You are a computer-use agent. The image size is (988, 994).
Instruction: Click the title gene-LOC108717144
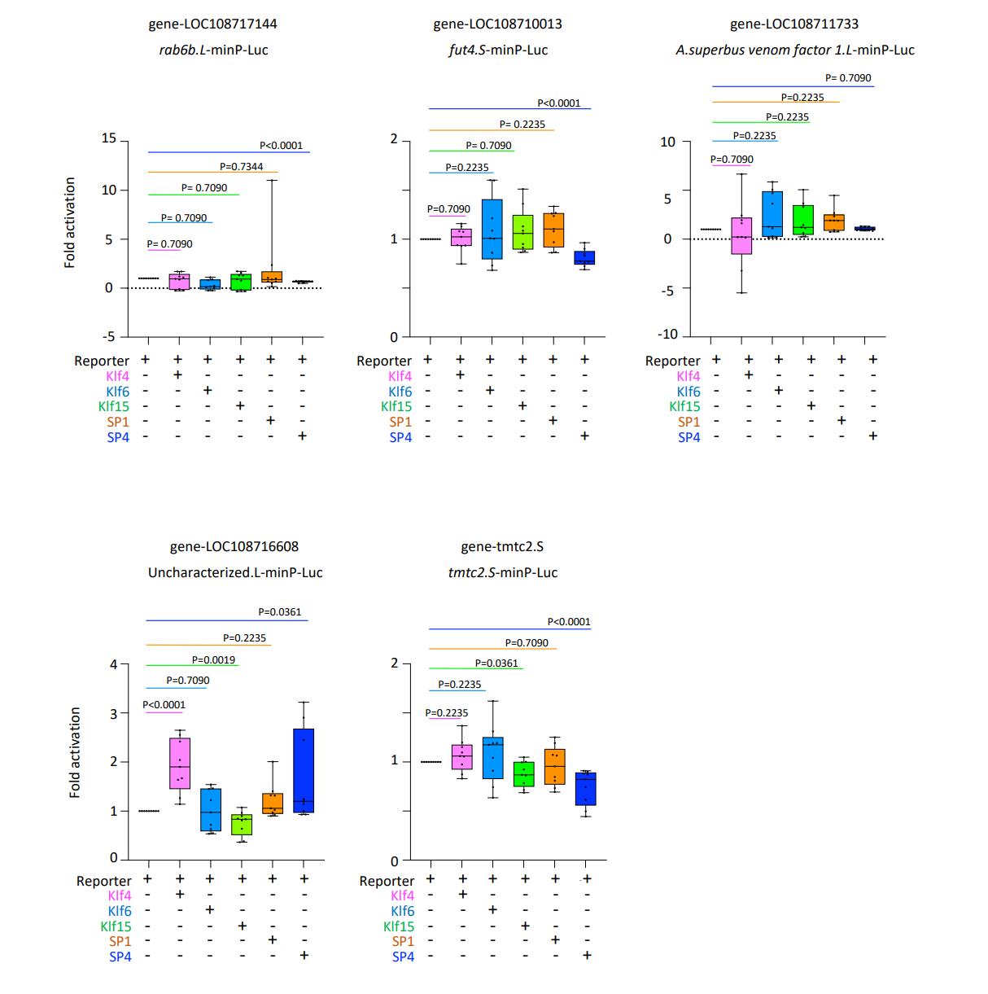pyautogui.click(x=212, y=24)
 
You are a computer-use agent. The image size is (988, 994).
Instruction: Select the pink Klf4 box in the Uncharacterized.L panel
pyautogui.click(x=180, y=763)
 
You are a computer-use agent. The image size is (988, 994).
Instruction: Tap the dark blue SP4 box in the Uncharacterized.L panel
pyautogui.click(x=304, y=770)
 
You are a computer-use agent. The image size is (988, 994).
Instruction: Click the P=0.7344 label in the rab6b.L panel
pyautogui.click(x=241, y=167)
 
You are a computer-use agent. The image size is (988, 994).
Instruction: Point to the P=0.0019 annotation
pyautogui.click(x=213, y=659)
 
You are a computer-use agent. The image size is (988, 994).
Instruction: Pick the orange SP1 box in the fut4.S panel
pyautogui.click(x=553, y=230)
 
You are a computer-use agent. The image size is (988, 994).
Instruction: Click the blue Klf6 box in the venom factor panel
pyautogui.click(x=772, y=214)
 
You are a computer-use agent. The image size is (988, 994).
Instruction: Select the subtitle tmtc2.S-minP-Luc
pyautogui.click(x=502, y=572)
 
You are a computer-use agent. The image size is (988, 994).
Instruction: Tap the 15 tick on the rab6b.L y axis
pyautogui.click(x=108, y=138)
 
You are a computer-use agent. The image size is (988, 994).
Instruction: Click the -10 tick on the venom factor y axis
pyautogui.click(x=667, y=335)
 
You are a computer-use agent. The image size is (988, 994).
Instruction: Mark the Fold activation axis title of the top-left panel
pyautogui.click(x=70, y=223)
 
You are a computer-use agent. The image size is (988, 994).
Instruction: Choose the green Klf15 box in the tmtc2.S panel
pyautogui.click(x=523, y=774)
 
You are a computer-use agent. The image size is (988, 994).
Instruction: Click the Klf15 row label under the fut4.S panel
pyautogui.click(x=396, y=406)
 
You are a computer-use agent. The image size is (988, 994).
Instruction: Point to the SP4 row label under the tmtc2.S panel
pyautogui.click(x=403, y=957)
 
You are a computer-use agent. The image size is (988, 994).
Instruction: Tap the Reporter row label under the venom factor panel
pyautogui.click(x=672, y=361)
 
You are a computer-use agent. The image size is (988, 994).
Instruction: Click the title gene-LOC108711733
pyautogui.click(x=793, y=24)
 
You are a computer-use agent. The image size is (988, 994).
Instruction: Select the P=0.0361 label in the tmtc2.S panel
pyautogui.click(x=496, y=663)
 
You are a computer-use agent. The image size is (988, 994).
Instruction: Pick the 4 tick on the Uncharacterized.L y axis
pyautogui.click(x=114, y=664)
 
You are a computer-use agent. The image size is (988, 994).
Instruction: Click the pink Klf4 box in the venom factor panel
pyautogui.click(x=741, y=236)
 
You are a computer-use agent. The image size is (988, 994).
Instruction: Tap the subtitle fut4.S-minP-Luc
pyautogui.click(x=498, y=50)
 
